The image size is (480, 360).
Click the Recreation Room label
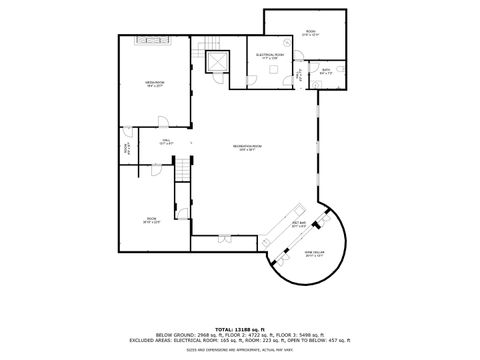click(x=249, y=147)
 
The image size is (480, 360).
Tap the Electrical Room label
click(x=271, y=56)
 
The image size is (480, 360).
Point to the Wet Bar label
click(x=298, y=225)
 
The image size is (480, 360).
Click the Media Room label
click(x=153, y=85)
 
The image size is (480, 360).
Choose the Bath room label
click(x=326, y=71)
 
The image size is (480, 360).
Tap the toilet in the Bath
click(x=339, y=69)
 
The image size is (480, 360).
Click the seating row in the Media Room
click(x=153, y=41)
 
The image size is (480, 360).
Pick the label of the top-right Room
click(x=310, y=32)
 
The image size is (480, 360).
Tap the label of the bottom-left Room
click(x=152, y=220)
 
